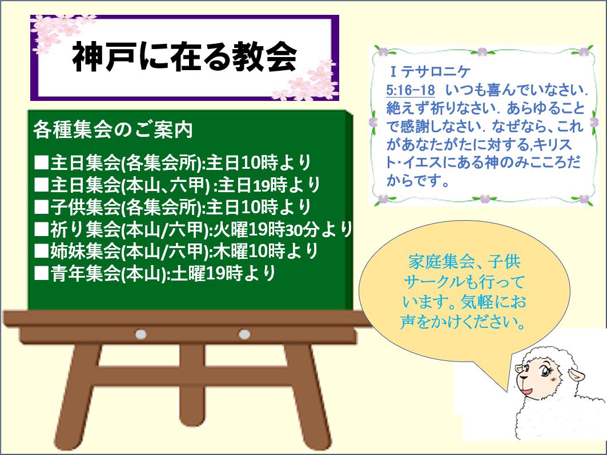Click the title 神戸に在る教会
pyautogui.click(x=184, y=56)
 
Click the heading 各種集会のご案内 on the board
pyautogui.click(x=113, y=129)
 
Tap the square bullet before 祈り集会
pyautogui.click(x=41, y=229)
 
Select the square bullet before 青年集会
pyautogui.click(x=41, y=273)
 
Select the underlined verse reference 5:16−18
pyautogui.click(x=411, y=91)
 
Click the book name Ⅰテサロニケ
pyautogui.click(x=430, y=71)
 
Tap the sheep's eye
pyautogui.click(x=546, y=372)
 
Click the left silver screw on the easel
pyautogui.click(x=140, y=334)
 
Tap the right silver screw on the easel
pyautogui.click(x=244, y=334)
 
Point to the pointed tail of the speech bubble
pyautogui.click(x=506, y=391)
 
